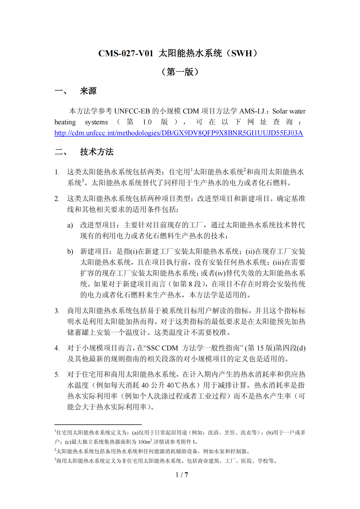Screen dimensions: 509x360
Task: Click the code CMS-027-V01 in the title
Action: (126, 53)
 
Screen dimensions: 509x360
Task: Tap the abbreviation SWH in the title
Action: (242, 53)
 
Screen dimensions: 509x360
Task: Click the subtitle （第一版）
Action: (180, 72)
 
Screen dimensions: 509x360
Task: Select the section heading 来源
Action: (88, 91)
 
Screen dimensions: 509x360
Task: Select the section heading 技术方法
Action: (97, 152)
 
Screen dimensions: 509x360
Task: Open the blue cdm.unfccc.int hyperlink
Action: (179, 133)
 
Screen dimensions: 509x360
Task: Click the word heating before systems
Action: (65, 122)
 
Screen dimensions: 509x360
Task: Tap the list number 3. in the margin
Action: (57, 311)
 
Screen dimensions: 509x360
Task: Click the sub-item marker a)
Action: (70, 225)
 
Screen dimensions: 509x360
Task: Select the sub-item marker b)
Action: (70, 252)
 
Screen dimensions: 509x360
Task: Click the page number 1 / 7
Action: (182, 475)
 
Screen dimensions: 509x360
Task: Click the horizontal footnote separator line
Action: (98, 424)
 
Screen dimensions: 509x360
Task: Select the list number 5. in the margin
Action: (57, 375)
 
